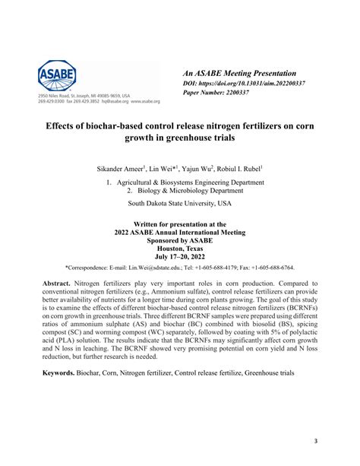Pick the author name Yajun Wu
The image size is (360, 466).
(x=196, y=167)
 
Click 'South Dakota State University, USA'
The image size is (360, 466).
(x=180, y=204)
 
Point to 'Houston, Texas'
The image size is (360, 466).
(x=180, y=248)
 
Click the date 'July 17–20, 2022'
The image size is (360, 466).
(x=180, y=257)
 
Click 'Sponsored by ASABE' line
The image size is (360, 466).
(x=180, y=239)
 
